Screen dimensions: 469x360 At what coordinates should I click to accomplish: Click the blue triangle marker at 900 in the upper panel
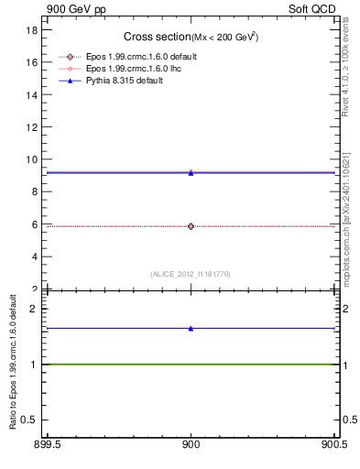click(x=191, y=172)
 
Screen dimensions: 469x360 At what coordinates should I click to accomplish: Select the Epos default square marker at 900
click(x=191, y=226)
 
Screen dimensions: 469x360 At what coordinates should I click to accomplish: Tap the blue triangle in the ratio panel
click(x=191, y=328)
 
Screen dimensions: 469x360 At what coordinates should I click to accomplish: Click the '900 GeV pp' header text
click(x=75, y=9)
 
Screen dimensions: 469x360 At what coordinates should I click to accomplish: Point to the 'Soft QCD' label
click(x=314, y=9)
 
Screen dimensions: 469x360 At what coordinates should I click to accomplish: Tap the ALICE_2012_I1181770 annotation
click(x=191, y=274)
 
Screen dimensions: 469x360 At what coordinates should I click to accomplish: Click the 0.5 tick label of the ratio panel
click(x=28, y=420)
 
